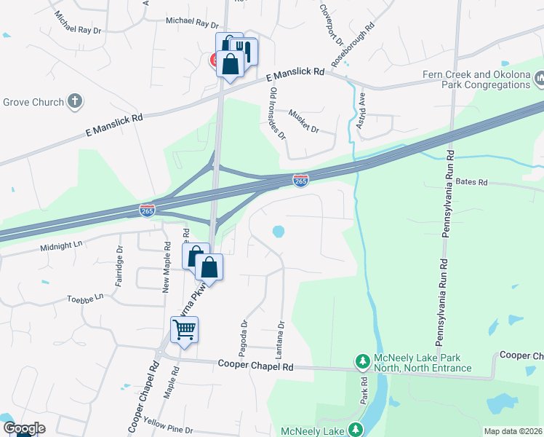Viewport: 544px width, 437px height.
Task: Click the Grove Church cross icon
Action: tap(75, 101)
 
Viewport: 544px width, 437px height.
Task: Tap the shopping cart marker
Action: tap(184, 329)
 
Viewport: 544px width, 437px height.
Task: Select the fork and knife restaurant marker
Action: tap(244, 52)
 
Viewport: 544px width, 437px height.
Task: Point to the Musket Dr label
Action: tap(304, 119)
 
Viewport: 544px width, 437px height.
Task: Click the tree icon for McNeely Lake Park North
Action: tap(362, 361)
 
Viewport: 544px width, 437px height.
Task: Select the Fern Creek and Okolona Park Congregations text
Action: tap(476, 79)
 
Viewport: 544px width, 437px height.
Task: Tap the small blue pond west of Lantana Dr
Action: tap(278, 232)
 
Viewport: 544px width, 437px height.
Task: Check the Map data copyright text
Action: tap(513, 431)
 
